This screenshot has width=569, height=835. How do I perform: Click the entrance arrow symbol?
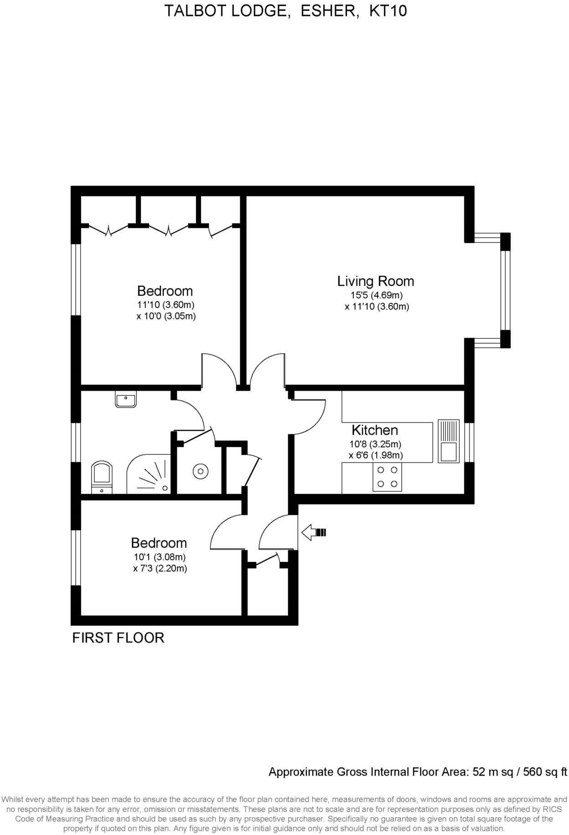click(314, 532)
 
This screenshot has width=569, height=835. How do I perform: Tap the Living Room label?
click(375, 281)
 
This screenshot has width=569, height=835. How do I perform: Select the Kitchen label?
click(374, 430)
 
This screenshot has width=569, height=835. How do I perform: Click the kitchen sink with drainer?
click(448, 441)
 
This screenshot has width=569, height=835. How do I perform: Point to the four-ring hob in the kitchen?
click(387, 477)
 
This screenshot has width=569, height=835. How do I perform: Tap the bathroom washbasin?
click(125, 401)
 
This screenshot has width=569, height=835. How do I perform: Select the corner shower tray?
click(150, 476)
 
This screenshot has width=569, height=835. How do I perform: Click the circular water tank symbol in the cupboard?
click(201, 471)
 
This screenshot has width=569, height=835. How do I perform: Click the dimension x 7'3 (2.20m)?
click(160, 568)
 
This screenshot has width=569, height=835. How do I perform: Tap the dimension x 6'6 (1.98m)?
click(376, 455)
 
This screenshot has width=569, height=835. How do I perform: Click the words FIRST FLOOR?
click(118, 638)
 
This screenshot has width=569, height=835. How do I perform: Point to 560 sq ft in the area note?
click(544, 772)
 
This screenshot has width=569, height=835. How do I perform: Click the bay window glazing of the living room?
click(505, 290)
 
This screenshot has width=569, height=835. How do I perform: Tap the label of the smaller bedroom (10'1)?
click(159, 543)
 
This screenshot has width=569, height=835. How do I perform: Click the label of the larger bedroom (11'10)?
click(165, 291)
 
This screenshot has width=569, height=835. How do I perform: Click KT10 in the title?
click(388, 10)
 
